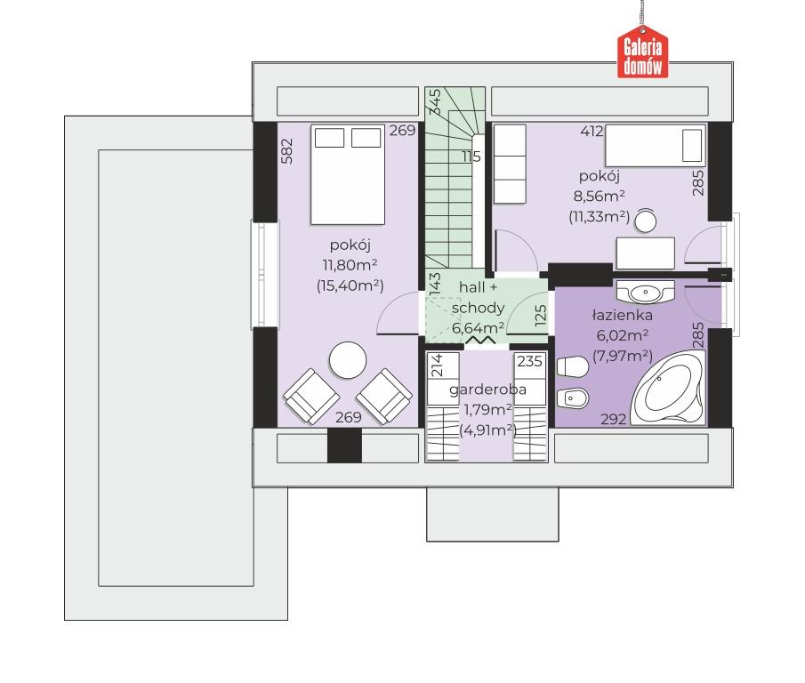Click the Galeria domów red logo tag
tap(643, 52)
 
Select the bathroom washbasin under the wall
tap(645, 292)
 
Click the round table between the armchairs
tap(348, 360)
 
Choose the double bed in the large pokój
tap(348, 174)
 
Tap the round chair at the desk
tap(646, 221)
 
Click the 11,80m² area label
tap(350, 265)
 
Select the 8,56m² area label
tap(600, 196)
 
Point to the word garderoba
tap(487, 390)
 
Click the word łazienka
tap(623, 315)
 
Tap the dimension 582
tap(287, 151)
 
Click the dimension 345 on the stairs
tap(434, 101)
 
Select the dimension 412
tap(592, 132)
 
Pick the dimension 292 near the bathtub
tap(614, 419)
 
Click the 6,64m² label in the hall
tap(478, 328)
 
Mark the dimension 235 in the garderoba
tap(529, 362)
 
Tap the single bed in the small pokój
tap(655, 146)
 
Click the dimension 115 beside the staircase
tap(471, 157)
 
